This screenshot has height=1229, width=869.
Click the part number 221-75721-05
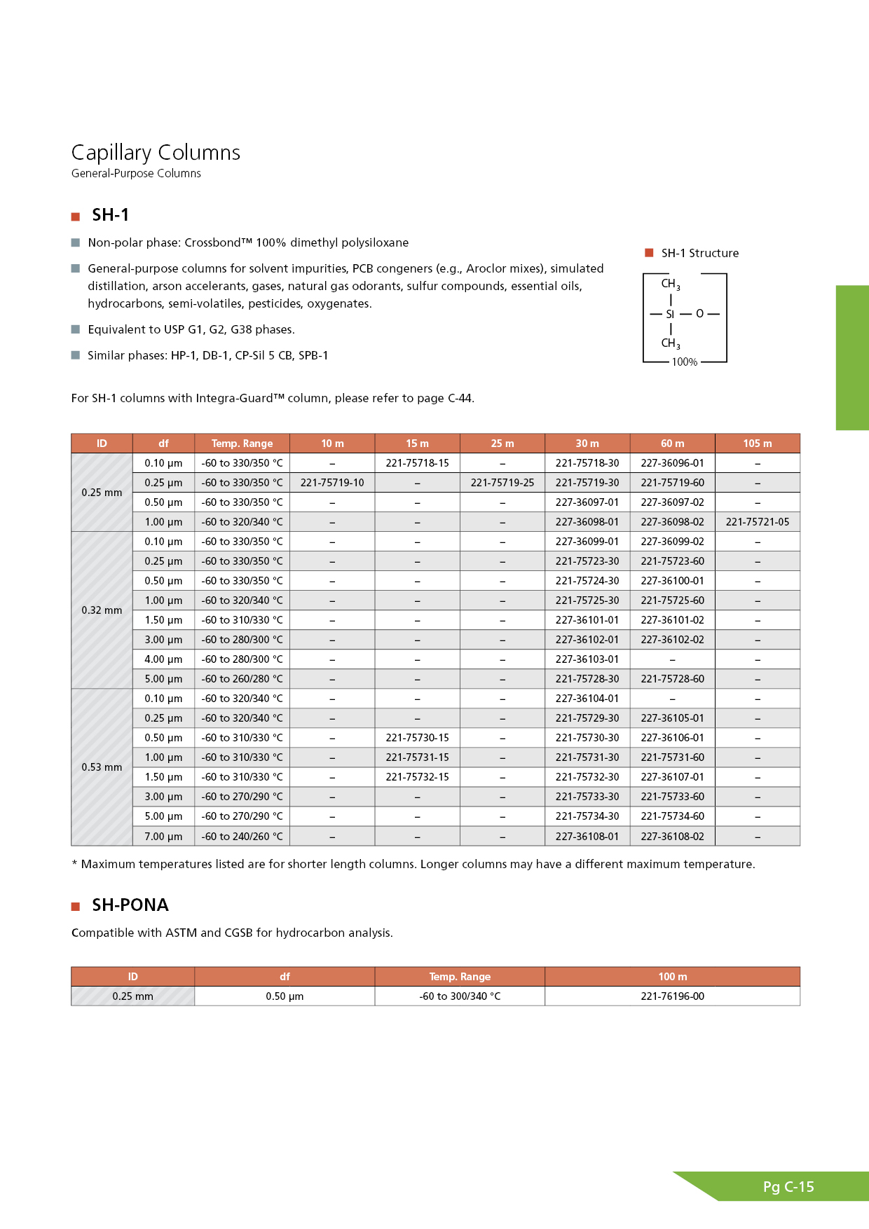pos(757,522)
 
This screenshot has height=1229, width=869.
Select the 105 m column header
pos(757,444)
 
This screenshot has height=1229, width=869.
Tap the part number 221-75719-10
pos(332,483)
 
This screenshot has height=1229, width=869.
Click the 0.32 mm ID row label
pos(102,610)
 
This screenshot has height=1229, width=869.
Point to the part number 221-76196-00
pos(672,996)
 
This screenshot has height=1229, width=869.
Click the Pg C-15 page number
pos(788,1187)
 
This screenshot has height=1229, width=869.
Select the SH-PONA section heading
pos(130,905)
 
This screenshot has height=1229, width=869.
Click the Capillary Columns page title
pos(156,153)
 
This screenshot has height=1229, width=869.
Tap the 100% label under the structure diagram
pos(685,362)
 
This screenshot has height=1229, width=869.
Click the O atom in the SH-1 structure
pos(699,314)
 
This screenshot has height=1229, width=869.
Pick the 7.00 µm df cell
pos(163,837)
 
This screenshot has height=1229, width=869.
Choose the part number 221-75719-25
pos(502,483)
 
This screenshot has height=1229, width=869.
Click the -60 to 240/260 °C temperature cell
pos(242,837)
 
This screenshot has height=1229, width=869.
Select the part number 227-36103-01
pos(587,659)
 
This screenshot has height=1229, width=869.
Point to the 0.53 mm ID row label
pos(102,767)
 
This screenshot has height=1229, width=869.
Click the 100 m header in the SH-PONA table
pos(672,977)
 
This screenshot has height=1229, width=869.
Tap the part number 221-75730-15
pos(417,738)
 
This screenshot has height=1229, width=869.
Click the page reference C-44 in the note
pos(460,399)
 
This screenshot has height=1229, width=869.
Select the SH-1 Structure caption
pos(699,254)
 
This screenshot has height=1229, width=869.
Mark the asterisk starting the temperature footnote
pos(74,864)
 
